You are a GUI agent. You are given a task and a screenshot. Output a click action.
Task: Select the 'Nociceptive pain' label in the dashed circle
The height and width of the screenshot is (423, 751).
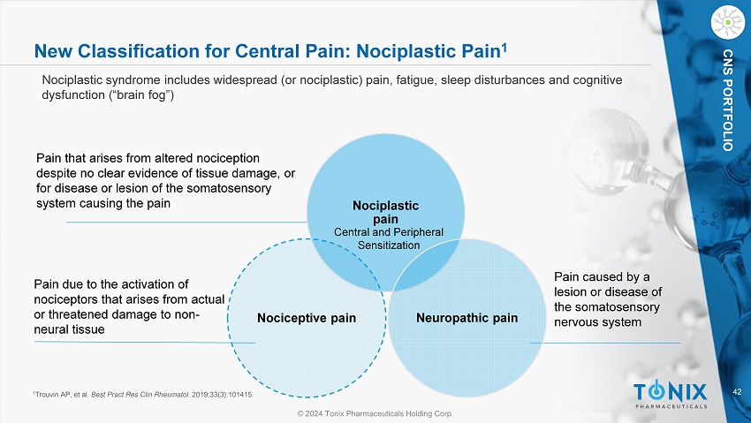pyautogui.click(x=307, y=317)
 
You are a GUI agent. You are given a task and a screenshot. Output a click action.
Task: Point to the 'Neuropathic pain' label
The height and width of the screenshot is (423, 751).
pyautogui.click(x=467, y=317)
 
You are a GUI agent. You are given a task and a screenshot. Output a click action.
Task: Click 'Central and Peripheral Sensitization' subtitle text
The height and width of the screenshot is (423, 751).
pyautogui.click(x=385, y=238)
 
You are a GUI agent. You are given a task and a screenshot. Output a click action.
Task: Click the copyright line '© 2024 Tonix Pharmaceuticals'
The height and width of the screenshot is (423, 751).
pyautogui.click(x=374, y=413)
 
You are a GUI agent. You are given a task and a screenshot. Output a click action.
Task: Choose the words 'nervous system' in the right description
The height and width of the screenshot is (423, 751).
pyautogui.click(x=595, y=322)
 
